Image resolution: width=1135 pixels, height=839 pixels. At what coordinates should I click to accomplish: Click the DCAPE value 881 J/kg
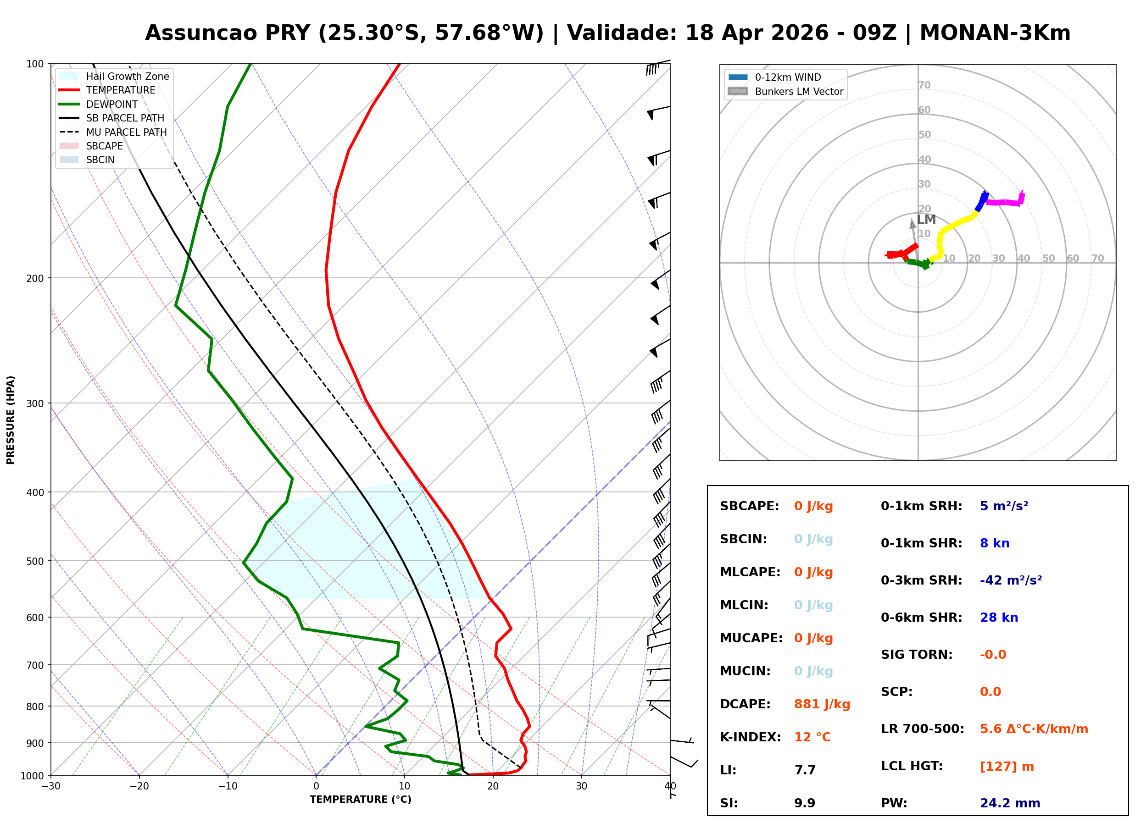(x=822, y=704)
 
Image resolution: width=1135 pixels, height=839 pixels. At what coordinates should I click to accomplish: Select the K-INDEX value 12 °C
(x=812, y=737)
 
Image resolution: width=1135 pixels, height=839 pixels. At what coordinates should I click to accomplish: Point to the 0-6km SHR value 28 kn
(x=999, y=617)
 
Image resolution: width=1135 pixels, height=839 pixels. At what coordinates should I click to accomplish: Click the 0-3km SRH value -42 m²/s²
(x=1011, y=580)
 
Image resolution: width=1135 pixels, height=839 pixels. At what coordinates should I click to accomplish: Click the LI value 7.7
(x=805, y=770)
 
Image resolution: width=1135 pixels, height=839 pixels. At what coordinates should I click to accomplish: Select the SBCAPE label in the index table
(x=749, y=506)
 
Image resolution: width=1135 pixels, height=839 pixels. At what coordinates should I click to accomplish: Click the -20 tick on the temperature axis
(x=139, y=786)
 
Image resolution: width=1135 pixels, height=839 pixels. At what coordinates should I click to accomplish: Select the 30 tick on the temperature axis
(x=581, y=786)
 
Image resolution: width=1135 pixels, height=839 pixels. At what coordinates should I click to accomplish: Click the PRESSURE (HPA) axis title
(x=10, y=419)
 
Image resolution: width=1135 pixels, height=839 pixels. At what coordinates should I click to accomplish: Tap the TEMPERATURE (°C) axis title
(x=360, y=800)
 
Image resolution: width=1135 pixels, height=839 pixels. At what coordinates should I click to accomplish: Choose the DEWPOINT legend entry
(x=112, y=104)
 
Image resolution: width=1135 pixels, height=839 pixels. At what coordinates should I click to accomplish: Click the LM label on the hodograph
(x=926, y=220)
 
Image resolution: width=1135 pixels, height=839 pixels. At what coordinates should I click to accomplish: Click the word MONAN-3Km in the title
(x=995, y=33)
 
